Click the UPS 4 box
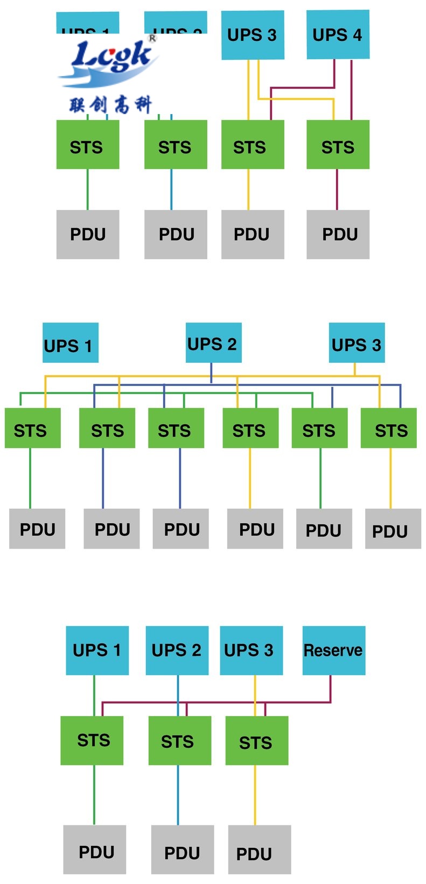(338, 34)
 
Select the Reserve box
(333, 650)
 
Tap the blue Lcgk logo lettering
(110, 57)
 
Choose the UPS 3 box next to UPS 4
(252, 35)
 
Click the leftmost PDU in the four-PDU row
(88, 234)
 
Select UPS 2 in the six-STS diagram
(213, 343)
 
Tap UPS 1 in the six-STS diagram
(70, 343)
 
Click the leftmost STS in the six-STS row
(32, 428)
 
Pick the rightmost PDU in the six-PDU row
(393, 529)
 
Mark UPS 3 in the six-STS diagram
(357, 343)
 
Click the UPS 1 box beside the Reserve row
(97, 650)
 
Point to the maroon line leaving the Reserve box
(330, 689)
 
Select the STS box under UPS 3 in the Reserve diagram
(256, 741)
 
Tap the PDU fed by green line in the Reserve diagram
(94, 850)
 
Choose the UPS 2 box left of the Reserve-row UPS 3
(177, 650)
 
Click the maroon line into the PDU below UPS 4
(337, 190)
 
